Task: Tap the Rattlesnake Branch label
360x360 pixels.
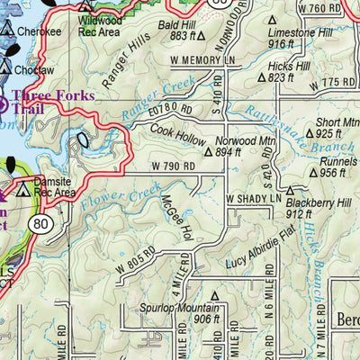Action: click(281, 116)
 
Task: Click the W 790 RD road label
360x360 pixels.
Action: click(173, 166)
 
